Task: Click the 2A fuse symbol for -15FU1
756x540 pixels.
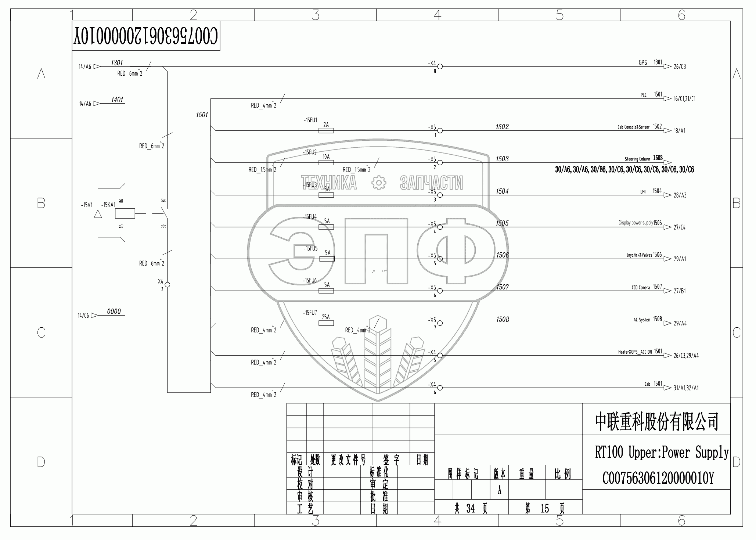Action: tap(326, 130)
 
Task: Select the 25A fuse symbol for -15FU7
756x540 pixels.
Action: tap(326, 323)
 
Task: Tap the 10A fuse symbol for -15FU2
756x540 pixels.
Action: tap(326, 162)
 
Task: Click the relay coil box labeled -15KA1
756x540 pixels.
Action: tap(125, 213)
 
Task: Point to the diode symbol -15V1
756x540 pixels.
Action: tap(98, 214)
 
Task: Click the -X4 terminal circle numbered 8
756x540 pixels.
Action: tap(440, 66)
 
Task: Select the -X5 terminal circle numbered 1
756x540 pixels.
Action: tap(440, 130)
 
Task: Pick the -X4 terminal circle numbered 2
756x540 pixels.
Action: tap(168, 284)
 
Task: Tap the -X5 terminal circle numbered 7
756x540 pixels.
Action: tap(440, 323)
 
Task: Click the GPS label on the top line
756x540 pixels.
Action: tap(643, 63)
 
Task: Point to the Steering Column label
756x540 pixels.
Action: tap(637, 159)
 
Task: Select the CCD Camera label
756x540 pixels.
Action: tap(641, 288)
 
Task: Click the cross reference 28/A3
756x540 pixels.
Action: tap(680, 195)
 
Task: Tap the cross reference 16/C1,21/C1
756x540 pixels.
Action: tap(684, 99)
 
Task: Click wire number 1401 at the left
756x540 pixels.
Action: tap(117, 100)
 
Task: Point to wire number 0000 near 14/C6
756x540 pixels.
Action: tap(114, 312)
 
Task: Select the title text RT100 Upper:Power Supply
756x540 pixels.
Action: tap(662, 452)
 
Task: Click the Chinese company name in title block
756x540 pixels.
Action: tap(656, 422)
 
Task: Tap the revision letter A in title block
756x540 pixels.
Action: tap(499, 490)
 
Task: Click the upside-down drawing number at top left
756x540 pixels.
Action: tap(146, 36)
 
